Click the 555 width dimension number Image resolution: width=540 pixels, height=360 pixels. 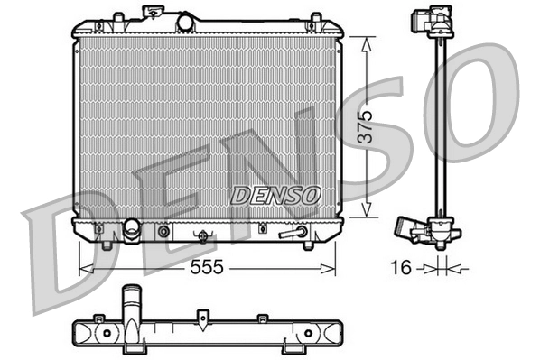207,268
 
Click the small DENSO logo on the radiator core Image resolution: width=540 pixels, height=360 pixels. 275,194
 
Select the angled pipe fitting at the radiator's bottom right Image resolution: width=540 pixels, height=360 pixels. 294,234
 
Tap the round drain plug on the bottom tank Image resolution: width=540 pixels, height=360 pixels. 163,231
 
